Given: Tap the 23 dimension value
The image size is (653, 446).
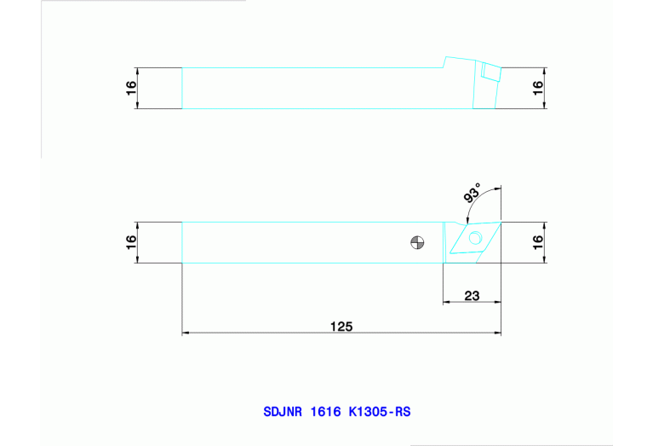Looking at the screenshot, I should pos(472,296).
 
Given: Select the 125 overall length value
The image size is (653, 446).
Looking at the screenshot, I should pos(341,326).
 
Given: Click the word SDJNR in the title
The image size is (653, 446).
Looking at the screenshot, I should pos(282,412).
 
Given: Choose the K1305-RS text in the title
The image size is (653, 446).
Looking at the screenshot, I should pos(380,412).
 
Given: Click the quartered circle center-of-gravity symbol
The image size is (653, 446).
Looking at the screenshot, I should pos(416,242).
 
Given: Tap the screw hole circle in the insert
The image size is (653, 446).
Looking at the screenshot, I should pos(474,237).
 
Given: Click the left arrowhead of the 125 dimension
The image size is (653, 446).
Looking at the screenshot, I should pos(186,333).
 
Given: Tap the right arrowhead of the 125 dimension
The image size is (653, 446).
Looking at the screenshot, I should pos(498,333).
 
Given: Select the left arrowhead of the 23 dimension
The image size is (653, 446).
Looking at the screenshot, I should pos(446,302).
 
